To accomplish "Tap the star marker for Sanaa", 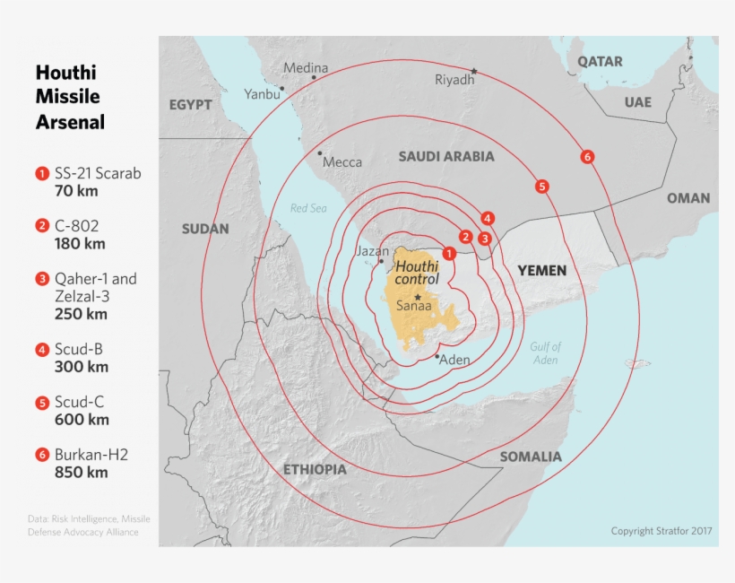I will [417, 296].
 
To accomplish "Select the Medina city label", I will [306, 67].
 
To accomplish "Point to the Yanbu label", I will [261, 93].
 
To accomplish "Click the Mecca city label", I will [342, 162].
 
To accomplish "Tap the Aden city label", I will [454, 360].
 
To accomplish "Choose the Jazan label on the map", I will [372, 251].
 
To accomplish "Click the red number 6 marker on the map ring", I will [587, 157].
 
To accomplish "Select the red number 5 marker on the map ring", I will [541, 187].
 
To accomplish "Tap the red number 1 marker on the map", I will [449, 254].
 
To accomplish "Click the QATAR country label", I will [600, 62].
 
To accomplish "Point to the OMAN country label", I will [687, 198].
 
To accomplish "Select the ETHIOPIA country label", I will [315, 469].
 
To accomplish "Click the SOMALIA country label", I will [531, 457].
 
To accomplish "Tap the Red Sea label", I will [308, 208].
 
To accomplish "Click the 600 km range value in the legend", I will [82, 419].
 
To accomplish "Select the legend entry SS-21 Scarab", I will [98, 172].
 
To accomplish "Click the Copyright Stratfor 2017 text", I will [661, 531].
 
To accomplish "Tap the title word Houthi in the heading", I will [65, 73].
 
